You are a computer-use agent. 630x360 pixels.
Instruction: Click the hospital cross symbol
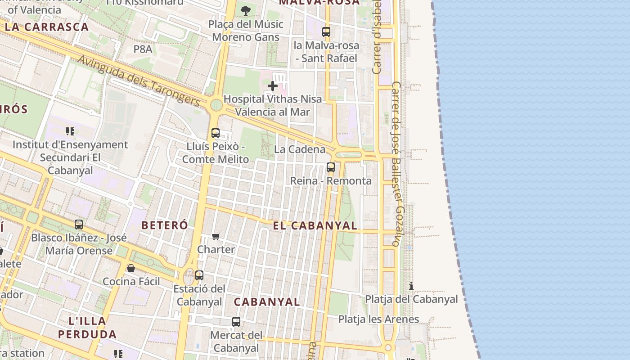tap(272, 85)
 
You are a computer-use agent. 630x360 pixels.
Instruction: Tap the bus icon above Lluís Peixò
tap(216, 133)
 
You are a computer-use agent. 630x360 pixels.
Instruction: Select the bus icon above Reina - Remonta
tap(331, 167)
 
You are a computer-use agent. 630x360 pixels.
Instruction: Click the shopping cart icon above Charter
tap(216, 236)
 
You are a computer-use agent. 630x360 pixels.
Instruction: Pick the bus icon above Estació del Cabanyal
tap(199, 275)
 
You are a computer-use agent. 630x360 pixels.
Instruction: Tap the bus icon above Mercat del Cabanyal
tap(236, 322)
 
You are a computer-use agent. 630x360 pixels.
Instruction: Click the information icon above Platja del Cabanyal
tap(411, 286)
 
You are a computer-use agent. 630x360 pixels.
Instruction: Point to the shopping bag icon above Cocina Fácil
tap(131, 268)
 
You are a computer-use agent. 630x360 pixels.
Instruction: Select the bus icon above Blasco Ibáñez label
tap(79, 224)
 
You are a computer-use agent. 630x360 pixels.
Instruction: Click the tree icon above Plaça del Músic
tap(246, 10)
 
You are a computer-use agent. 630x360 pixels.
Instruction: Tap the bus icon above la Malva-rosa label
tap(326, 32)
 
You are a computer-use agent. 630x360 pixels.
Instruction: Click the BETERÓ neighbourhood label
tap(165, 225)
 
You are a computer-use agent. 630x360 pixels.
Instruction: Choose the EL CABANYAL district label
tap(315, 225)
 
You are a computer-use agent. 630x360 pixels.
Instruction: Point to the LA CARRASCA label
tap(47, 27)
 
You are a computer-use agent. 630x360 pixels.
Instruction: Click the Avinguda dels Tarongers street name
tap(139, 81)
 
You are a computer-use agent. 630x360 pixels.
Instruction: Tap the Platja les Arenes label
tap(378, 319)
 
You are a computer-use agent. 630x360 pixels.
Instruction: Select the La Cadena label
tap(300, 149)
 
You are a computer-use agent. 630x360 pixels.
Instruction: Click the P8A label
tap(143, 49)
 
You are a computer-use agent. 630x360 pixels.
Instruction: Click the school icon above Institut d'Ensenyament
tap(70, 131)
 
